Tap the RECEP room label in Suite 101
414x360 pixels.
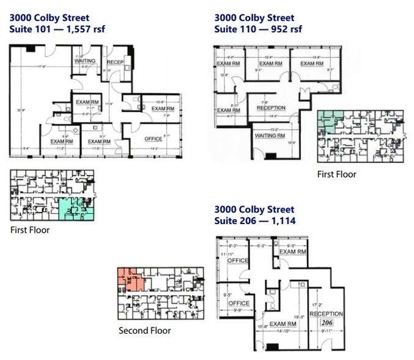[x=115, y=62]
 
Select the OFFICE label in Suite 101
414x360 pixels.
[x=153, y=139]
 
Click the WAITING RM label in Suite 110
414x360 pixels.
[x=269, y=135]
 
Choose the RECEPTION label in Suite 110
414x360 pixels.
[x=271, y=108]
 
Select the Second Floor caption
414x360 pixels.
[x=144, y=331]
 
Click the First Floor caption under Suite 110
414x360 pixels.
[x=336, y=174]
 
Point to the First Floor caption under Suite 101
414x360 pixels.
[x=30, y=230]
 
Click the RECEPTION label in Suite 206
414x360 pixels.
[x=326, y=313]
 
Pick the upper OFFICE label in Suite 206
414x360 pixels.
[x=238, y=261]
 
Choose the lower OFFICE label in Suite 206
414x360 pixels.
[x=238, y=303]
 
